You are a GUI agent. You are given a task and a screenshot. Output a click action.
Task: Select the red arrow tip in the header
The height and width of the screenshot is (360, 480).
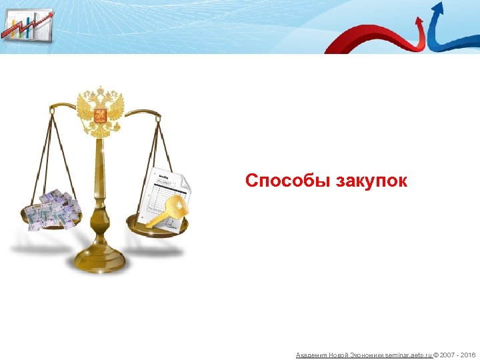point(419,21)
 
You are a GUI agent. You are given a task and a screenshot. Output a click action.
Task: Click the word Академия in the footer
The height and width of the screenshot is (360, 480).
point(311,355)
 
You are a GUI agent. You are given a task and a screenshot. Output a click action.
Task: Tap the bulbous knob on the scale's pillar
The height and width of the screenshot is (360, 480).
point(101,217)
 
